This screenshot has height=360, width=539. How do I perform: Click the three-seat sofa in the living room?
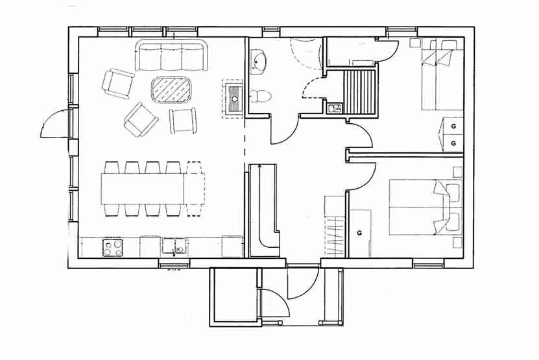(x=172, y=55)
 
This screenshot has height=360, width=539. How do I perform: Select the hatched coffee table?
(x=171, y=90)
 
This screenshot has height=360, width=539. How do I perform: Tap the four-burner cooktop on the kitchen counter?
(x=113, y=248)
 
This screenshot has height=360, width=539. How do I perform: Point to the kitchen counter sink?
(x=174, y=247)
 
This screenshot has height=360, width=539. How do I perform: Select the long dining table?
(x=152, y=189)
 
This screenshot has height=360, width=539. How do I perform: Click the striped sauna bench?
(x=359, y=91)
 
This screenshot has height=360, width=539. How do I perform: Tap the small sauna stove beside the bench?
(x=334, y=108)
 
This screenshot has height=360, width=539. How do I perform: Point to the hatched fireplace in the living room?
(x=234, y=99)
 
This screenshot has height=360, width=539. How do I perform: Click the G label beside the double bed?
(x=359, y=233)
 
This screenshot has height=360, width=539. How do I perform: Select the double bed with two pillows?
(x=425, y=207)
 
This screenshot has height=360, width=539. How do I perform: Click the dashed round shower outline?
(x=304, y=54)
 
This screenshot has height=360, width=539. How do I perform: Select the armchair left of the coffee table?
(x=118, y=84)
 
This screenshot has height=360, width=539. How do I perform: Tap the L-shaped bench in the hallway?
(x=263, y=210)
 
